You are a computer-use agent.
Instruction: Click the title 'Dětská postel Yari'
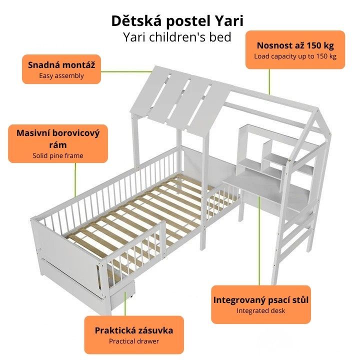tap(177, 21)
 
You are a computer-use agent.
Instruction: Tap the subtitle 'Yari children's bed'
tap(177, 37)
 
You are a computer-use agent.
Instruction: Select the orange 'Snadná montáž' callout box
tap(61, 69)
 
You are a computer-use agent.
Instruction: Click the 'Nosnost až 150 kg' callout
tap(295, 49)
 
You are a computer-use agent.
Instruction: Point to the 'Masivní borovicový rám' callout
tap(58, 143)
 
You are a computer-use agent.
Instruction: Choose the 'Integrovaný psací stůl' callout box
tap(261, 304)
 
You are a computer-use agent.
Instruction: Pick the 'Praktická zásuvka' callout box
tap(134, 334)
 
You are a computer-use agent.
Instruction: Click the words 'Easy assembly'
tap(61, 76)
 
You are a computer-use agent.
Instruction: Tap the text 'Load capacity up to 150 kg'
tap(295, 56)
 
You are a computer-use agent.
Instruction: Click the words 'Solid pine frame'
tap(58, 155)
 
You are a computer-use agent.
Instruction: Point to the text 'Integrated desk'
tap(261, 310)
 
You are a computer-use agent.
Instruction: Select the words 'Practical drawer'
tap(134, 341)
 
